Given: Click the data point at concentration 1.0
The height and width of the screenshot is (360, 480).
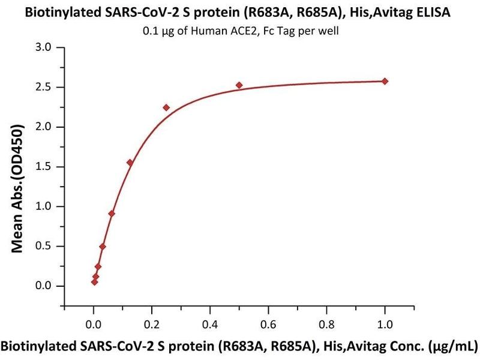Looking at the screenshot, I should [385, 81].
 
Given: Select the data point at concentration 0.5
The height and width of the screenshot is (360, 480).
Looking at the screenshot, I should [239, 85].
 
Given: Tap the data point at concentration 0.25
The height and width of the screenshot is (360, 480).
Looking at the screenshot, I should [166, 107].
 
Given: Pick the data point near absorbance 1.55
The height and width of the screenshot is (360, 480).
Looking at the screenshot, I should [130, 163].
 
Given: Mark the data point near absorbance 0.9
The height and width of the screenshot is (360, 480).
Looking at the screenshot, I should [112, 214].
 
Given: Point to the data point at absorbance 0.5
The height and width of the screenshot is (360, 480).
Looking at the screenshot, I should [103, 247].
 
